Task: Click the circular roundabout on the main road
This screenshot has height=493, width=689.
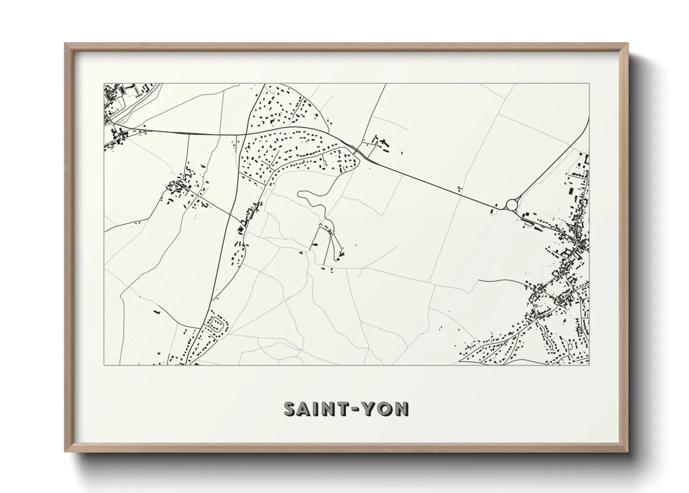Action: [x=512, y=205]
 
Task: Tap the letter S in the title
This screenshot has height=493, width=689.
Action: [x=290, y=409]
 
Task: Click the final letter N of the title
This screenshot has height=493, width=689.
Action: [x=402, y=409]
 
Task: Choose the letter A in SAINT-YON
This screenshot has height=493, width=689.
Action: [x=306, y=409]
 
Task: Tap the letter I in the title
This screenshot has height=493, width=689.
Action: [x=318, y=409]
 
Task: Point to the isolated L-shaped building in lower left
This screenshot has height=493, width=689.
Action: [x=156, y=310]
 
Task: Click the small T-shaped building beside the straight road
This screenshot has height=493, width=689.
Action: [x=460, y=188]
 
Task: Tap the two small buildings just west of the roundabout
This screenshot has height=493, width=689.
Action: [x=493, y=211]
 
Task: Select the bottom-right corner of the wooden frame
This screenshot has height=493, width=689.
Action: [x=628, y=452]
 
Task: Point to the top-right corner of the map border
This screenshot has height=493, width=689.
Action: [x=589, y=84]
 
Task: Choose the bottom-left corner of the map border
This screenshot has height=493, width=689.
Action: [x=104, y=365]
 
